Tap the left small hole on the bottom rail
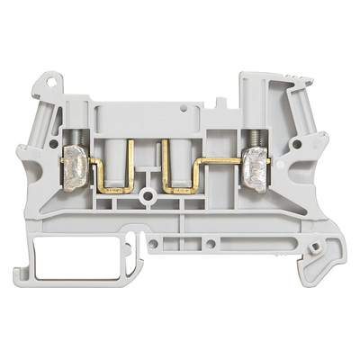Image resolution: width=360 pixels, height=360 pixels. pos(154,242)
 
